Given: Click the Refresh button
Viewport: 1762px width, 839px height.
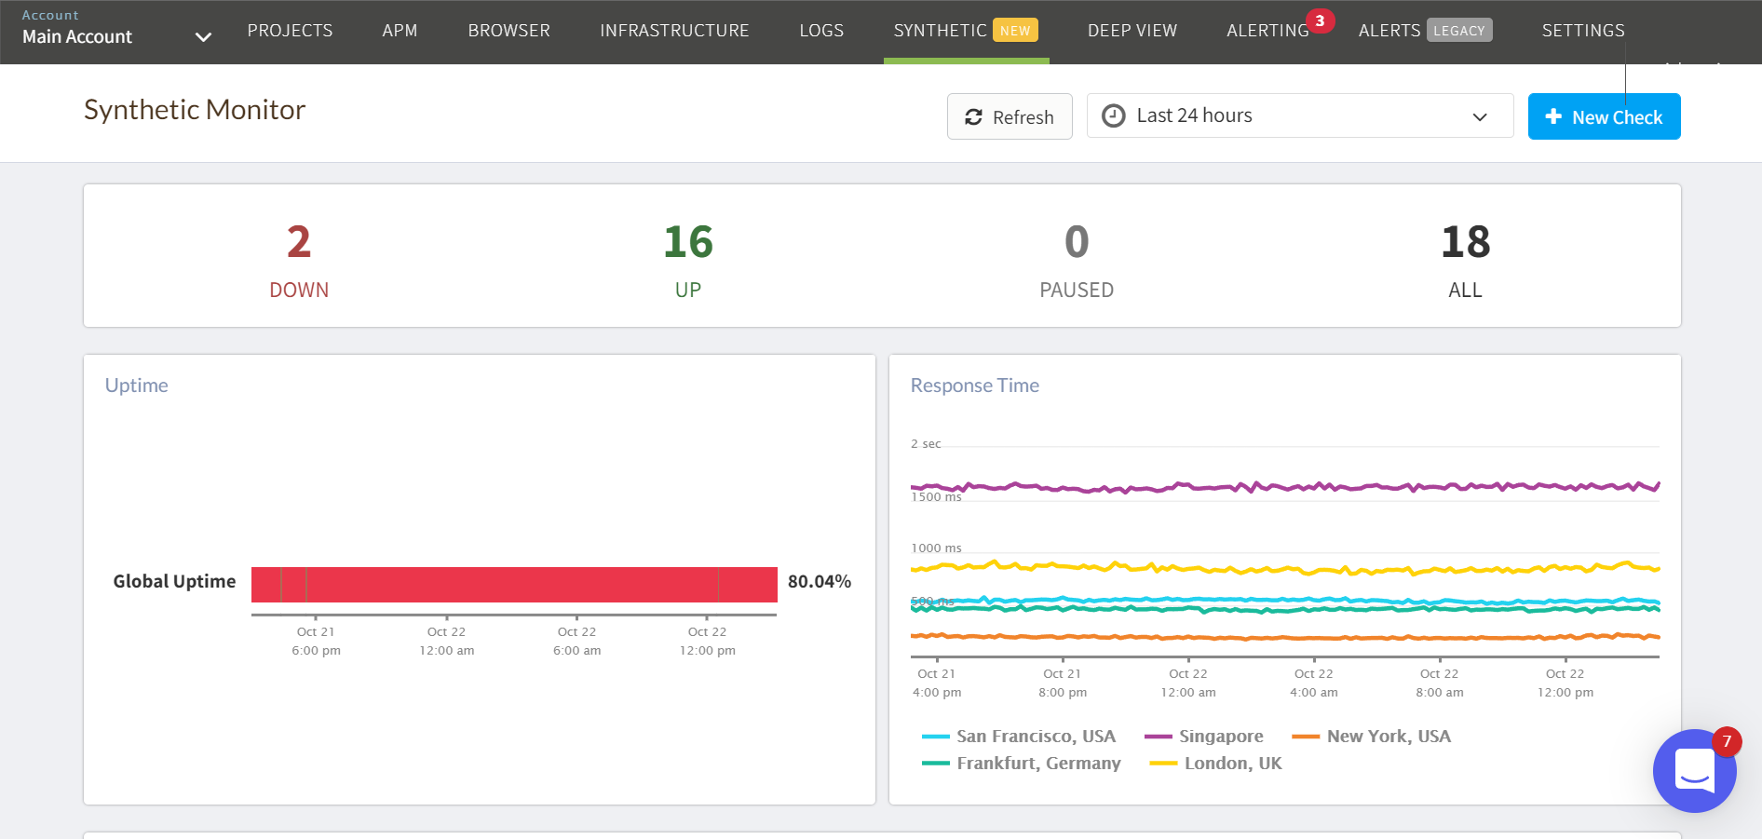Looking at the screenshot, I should point(1010,117).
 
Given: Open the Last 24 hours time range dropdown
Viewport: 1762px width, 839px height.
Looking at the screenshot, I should point(1299,116).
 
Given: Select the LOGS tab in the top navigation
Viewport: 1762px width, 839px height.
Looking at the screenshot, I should point(821,31).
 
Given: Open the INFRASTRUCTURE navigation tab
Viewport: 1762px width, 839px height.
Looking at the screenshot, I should point(674,31).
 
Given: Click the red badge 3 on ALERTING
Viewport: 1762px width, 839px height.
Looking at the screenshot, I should point(1320,20).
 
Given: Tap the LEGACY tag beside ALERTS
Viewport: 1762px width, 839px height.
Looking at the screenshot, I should point(1458,31).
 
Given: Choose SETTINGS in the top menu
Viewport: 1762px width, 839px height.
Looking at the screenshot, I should point(1583,31).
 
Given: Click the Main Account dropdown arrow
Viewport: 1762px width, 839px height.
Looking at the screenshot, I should point(203,37).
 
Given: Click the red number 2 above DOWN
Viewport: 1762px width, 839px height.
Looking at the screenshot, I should point(299,242).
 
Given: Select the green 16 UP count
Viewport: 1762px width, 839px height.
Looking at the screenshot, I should point(688,242).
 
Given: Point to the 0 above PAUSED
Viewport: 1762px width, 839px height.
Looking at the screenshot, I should point(1077,242).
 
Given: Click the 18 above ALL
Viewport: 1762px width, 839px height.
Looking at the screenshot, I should point(1465,242).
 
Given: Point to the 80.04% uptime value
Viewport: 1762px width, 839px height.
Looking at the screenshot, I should point(820,582).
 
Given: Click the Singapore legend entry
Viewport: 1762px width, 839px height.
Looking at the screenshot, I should point(1220,737).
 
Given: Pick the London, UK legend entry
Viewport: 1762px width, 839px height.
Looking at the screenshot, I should point(1232,764).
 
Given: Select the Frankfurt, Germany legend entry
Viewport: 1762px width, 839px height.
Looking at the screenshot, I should point(1037,764).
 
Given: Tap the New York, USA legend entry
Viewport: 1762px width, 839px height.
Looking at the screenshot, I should point(1388,737).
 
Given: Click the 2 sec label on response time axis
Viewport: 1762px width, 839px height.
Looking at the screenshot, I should point(926,444).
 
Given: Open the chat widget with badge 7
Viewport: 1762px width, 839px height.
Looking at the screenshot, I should point(1694,771).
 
